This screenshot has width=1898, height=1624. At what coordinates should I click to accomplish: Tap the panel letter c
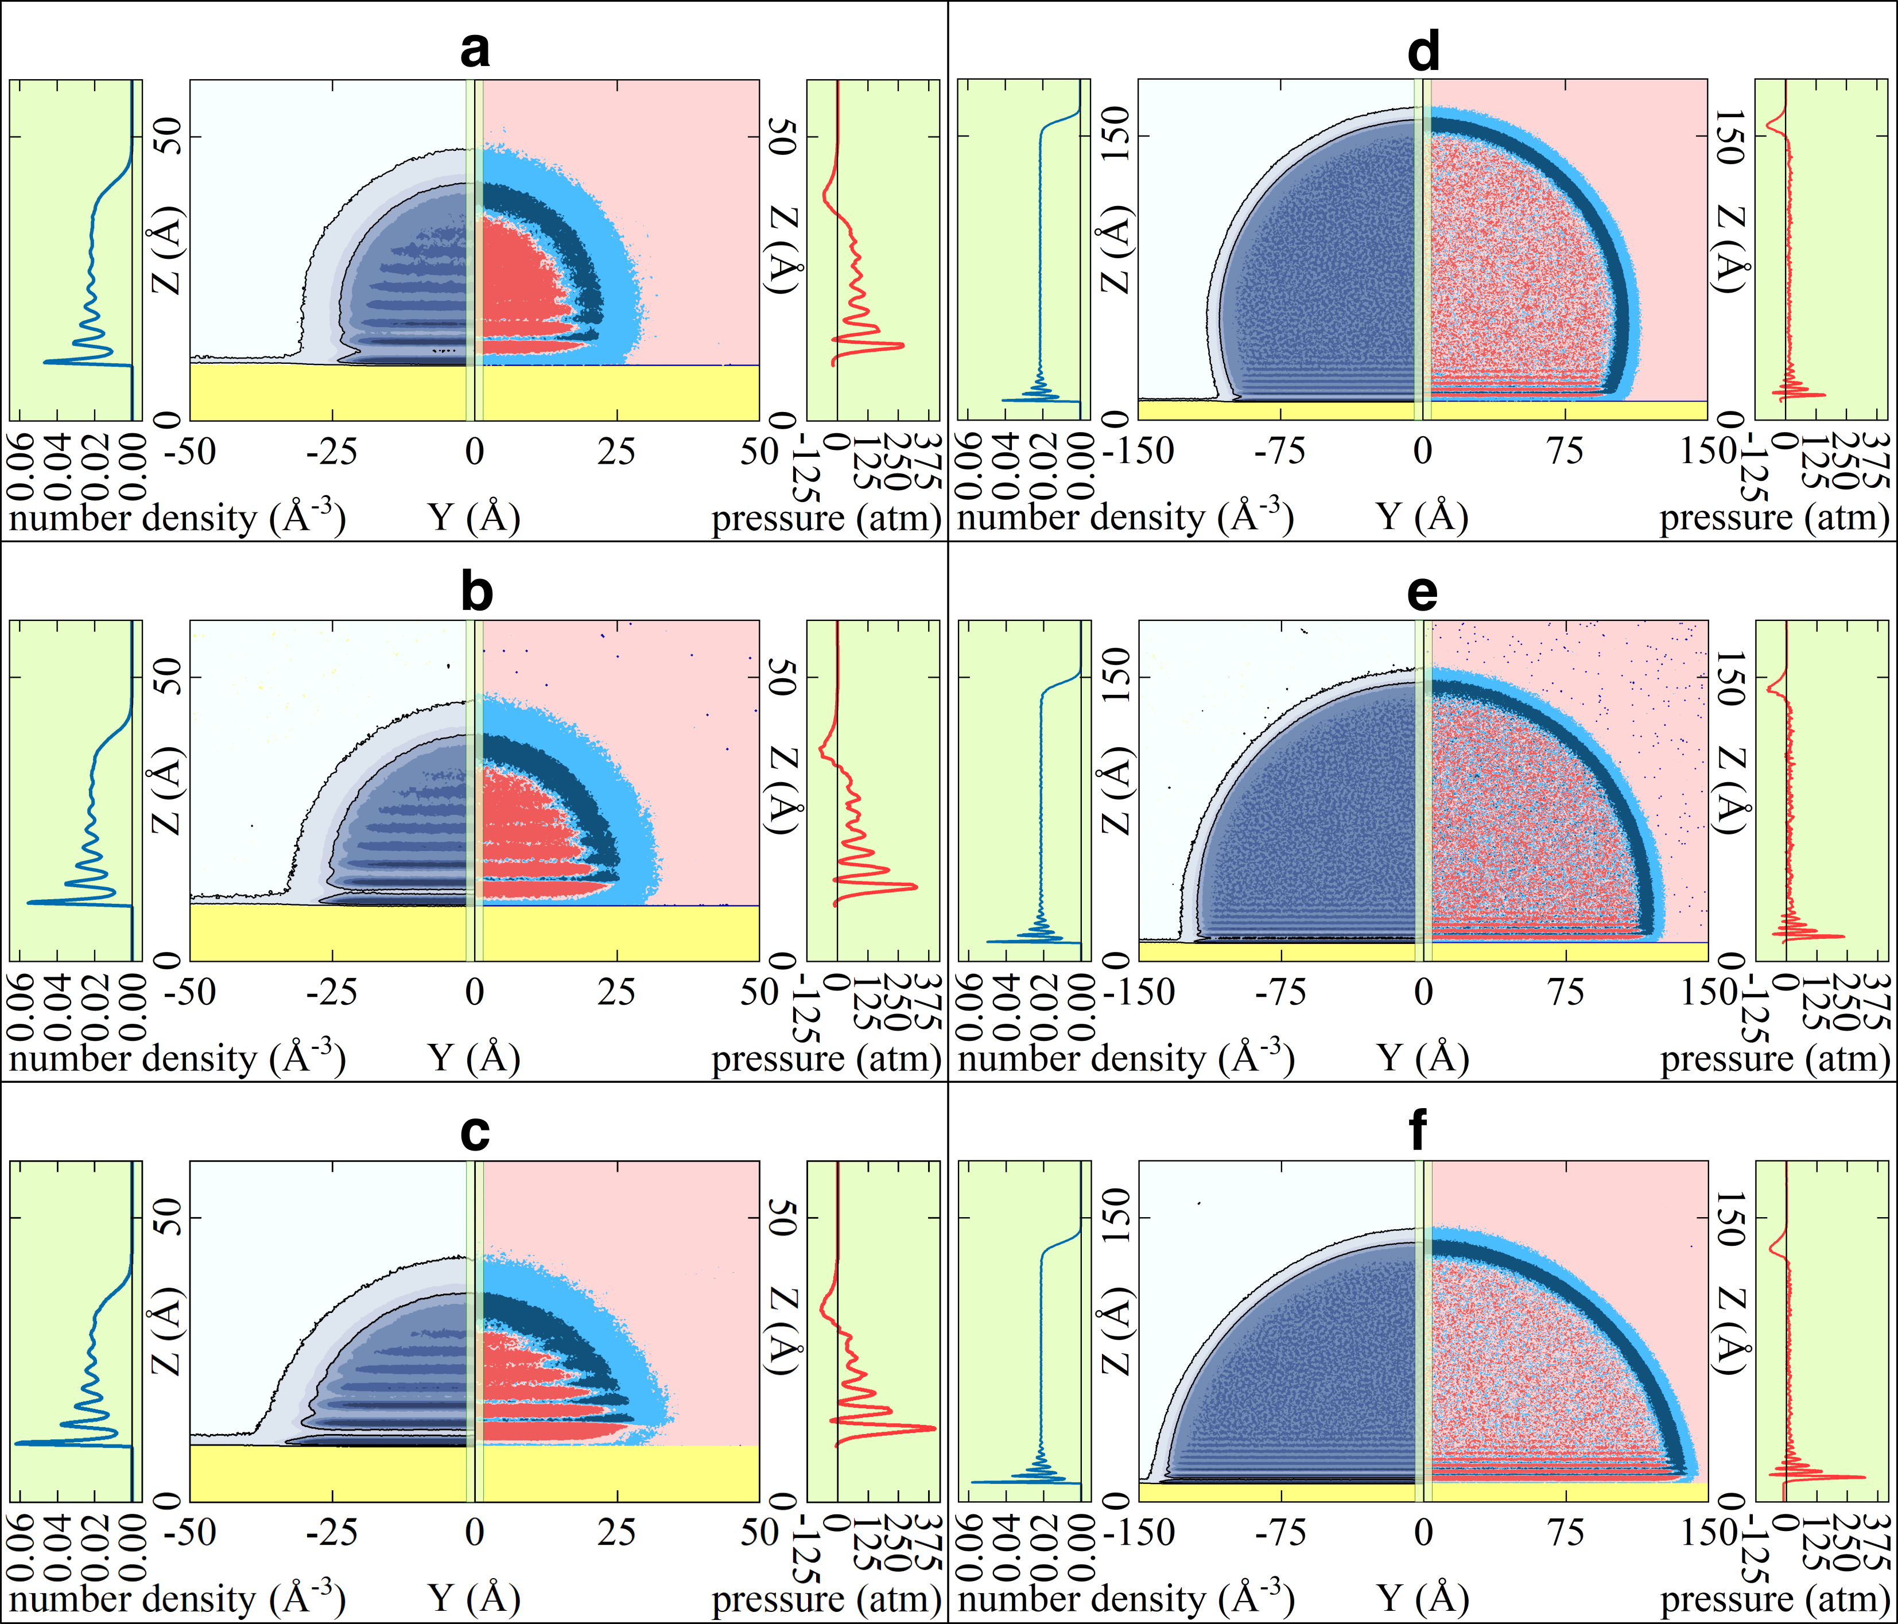[475, 1133]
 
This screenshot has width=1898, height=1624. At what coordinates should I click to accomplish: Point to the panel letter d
[1423, 51]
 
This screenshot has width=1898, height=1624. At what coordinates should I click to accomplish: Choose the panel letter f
[1419, 1133]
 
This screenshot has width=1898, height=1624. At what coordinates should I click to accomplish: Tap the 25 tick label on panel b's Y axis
[616, 992]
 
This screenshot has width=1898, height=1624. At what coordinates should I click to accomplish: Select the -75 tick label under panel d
[1280, 452]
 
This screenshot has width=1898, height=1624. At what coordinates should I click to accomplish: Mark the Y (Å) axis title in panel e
[1423, 1058]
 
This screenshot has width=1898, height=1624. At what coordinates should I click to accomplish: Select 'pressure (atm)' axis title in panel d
[1775, 518]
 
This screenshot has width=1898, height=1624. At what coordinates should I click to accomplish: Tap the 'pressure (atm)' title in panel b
[826, 1058]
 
